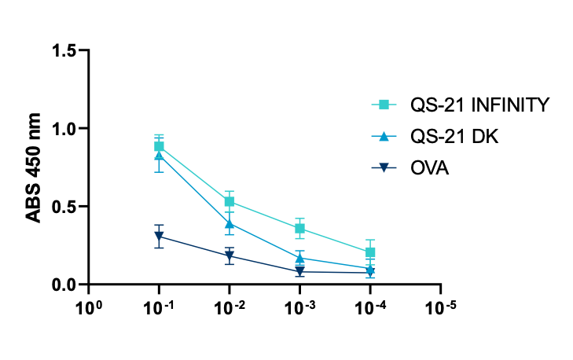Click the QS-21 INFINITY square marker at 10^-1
[159, 146]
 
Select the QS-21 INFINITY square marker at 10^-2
[230, 202]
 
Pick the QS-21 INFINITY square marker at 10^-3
[299, 229]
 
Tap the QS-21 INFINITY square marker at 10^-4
[370, 252]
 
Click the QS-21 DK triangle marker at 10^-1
[159, 156]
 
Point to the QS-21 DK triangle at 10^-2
[230, 223]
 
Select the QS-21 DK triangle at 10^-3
[299, 257]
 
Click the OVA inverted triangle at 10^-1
[159, 237]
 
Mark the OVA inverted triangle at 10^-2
[230, 256]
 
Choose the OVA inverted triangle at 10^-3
[299, 272]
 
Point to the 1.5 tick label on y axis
[66, 51]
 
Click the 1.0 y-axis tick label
[66, 129]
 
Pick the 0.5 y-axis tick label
[66, 207]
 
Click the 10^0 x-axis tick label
[88, 304]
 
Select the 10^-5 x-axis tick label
[441, 304]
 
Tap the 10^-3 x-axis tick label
[299, 304]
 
